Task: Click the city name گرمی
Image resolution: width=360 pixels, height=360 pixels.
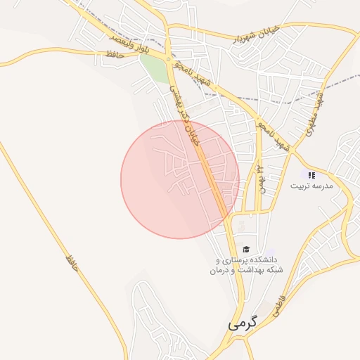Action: pyautogui.click(x=243, y=325)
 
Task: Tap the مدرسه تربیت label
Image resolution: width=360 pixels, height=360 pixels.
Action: pyautogui.click(x=311, y=186)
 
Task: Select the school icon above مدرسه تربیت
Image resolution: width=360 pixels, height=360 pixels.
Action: pyautogui.click(x=311, y=175)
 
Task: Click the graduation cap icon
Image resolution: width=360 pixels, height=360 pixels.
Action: pyautogui.click(x=246, y=249)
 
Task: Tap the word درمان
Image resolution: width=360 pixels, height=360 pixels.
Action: pyautogui.click(x=220, y=270)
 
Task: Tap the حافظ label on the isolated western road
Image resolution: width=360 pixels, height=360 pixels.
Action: pyautogui.click(x=70, y=262)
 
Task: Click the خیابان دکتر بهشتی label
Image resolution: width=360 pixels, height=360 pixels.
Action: pyautogui.click(x=184, y=116)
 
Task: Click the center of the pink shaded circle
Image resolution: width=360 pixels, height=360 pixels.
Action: pyautogui.click(x=180, y=179)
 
